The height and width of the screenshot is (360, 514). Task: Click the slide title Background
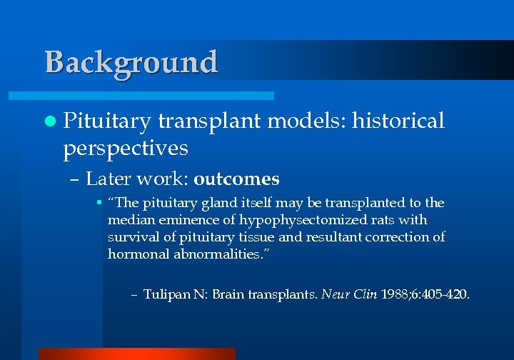[131, 62]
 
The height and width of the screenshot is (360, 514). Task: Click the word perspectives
[126, 149]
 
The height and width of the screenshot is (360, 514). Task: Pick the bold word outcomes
[236, 179]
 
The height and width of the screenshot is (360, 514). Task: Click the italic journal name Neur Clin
[350, 294]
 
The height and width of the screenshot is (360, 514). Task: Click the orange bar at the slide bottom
[136, 354]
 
